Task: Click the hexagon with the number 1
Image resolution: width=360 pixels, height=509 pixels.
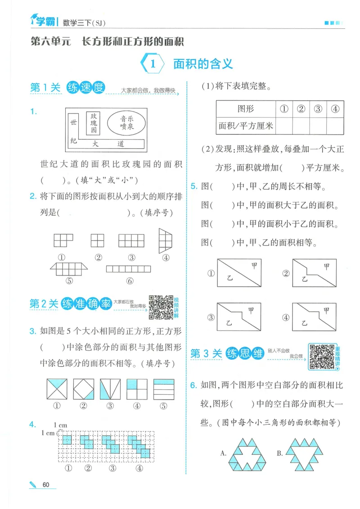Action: [x=153, y=64]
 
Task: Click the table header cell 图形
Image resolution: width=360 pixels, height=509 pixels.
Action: [x=245, y=109]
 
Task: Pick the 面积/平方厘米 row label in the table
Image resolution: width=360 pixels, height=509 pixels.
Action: [x=246, y=125]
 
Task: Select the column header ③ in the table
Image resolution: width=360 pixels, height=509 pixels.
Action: [x=318, y=109]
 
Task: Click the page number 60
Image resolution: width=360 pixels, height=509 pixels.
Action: [x=46, y=484]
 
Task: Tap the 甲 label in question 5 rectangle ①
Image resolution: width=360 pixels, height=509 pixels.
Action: [x=254, y=266]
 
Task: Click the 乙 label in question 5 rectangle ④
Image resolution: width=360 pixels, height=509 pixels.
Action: [x=305, y=322]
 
